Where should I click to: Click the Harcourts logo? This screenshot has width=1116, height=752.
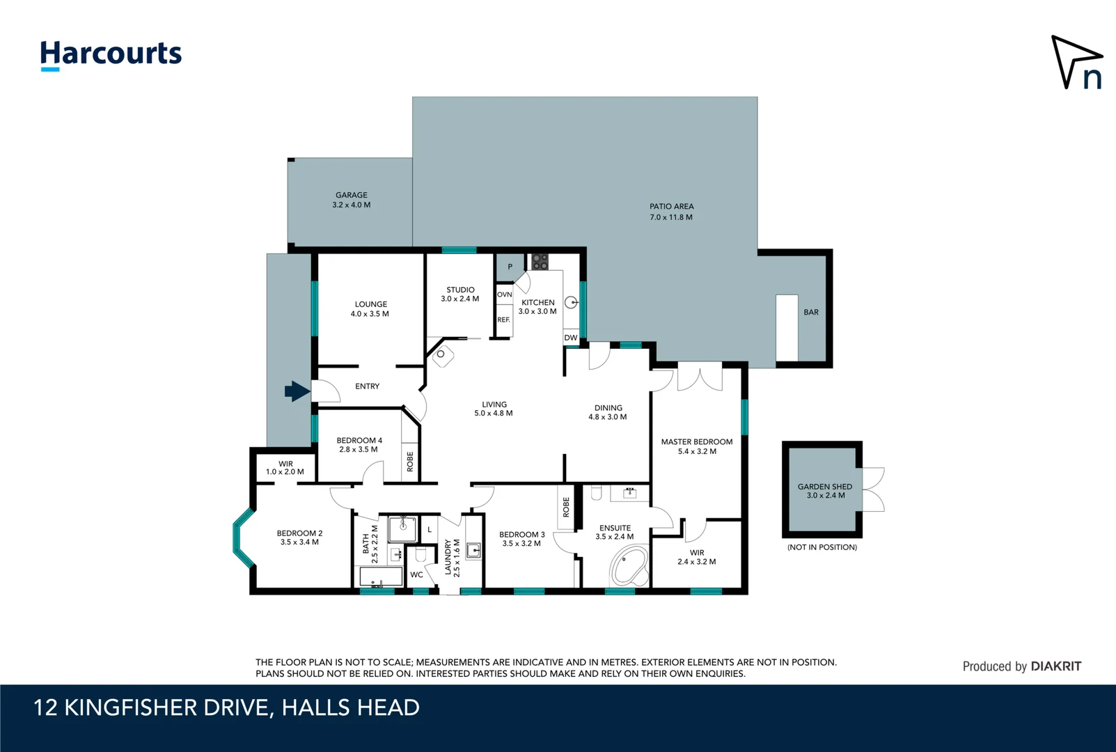pyautogui.click(x=111, y=54)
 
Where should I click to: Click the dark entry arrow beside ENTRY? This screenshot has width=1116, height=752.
pyautogui.click(x=297, y=391)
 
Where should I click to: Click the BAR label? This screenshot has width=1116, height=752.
pyautogui.click(x=811, y=312)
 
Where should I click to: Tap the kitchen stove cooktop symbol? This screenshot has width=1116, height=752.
pyautogui.click(x=540, y=262)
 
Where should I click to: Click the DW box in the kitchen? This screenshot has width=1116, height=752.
pyautogui.click(x=571, y=338)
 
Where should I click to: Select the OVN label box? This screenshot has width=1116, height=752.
pyautogui.click(x=505, y=295)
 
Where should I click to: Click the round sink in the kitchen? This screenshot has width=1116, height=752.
pyautogui.click(x=571, y=302)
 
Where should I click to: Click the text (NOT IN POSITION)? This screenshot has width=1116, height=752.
pyautogui.click(x=822, y=547)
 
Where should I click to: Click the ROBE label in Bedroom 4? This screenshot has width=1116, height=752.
pyautogui.click(x=410, y=461)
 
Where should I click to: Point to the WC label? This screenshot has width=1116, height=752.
pyautogui.click(x=416, y=574)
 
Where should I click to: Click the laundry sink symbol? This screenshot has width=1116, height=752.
pyautogui.click(x=473, y=551)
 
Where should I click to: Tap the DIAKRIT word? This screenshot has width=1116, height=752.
pyautogui.click(x=1055, y=666)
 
